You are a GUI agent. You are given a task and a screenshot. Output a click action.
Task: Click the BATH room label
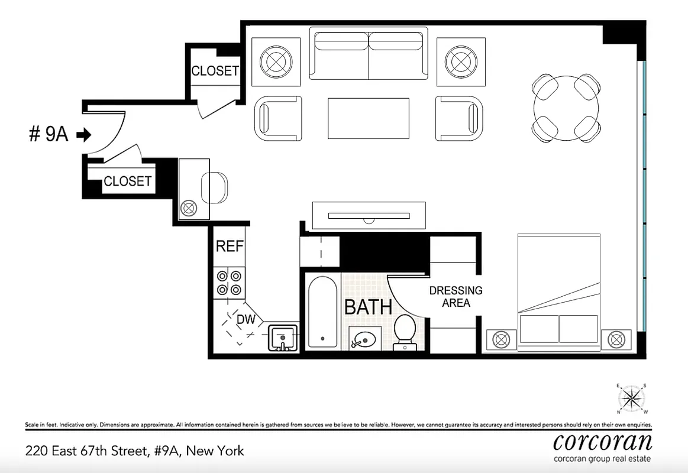tap(368, 307)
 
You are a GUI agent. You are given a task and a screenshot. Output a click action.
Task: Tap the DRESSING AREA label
tap(456, 297)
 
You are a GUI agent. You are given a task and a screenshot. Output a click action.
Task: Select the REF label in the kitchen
tap(230, 246)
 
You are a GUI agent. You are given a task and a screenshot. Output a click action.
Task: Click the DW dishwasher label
tap(246, 320)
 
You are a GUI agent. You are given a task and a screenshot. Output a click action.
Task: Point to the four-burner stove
tap(230, 282)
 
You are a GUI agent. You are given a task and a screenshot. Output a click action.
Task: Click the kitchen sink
tap(283, 338)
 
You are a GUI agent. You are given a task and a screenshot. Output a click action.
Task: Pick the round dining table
tap(566, 108)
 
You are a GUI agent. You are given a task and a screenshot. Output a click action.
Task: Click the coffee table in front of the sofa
tap(369, 118)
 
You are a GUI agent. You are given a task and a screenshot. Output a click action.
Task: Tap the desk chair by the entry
tap(214, 188)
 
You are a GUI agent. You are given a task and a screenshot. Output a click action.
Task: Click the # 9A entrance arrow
tap(84, 135)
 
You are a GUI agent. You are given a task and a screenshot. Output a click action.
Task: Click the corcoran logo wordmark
tap(602, 440)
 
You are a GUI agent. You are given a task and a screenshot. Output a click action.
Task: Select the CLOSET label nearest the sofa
tap(214, 71)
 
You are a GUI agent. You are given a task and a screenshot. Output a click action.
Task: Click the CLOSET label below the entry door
tap(127, 182)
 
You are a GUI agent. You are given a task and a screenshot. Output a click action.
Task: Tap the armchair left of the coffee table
tap(278, 118)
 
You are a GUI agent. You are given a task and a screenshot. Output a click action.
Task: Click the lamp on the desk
tap(189, 208)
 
